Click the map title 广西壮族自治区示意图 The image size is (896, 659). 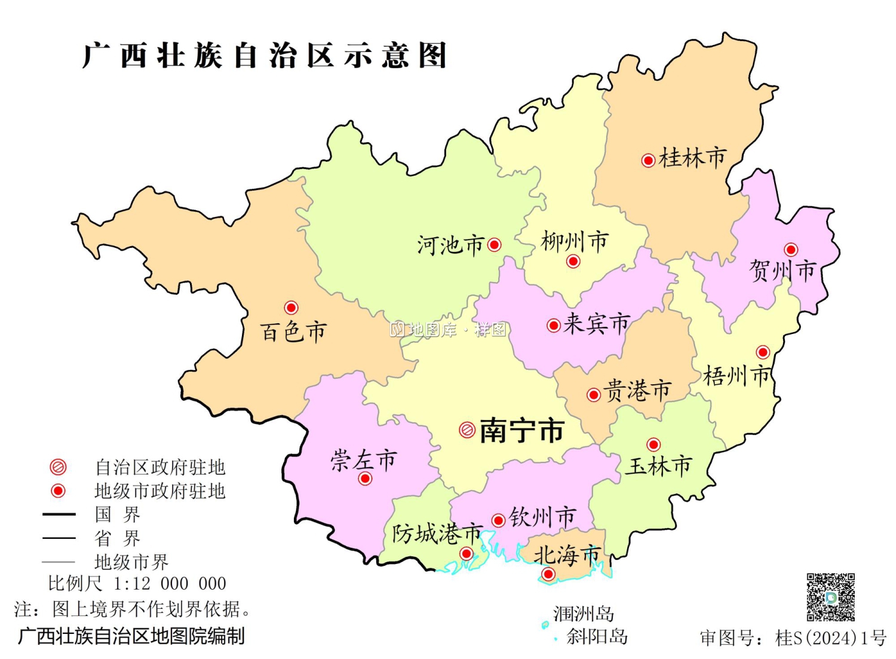click(265, 56)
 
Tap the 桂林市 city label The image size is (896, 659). click(692, 158)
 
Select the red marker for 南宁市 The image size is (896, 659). click(467, 430)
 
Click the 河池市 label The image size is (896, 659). click(450, 245)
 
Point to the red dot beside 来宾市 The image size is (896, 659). click(554, 325)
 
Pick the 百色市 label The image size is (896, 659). click(293, 332)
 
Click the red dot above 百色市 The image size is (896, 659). click(291, 308)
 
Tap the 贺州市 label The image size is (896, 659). click(783, 271)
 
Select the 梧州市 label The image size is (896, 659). click(737, 376)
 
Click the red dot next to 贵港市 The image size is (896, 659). click(594, 395)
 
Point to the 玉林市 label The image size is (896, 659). click(658, 466)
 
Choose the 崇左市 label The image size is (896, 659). click(363, 460)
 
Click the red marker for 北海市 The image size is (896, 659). click(548, 575)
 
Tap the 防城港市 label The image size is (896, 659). click(437, 533)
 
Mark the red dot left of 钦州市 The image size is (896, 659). click(498, 520)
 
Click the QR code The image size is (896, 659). click(830, 597)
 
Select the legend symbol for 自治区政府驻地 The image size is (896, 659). click(58, 467)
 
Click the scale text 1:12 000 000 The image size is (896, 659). click(170, 583)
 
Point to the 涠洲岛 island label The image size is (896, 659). click(583, 614)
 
